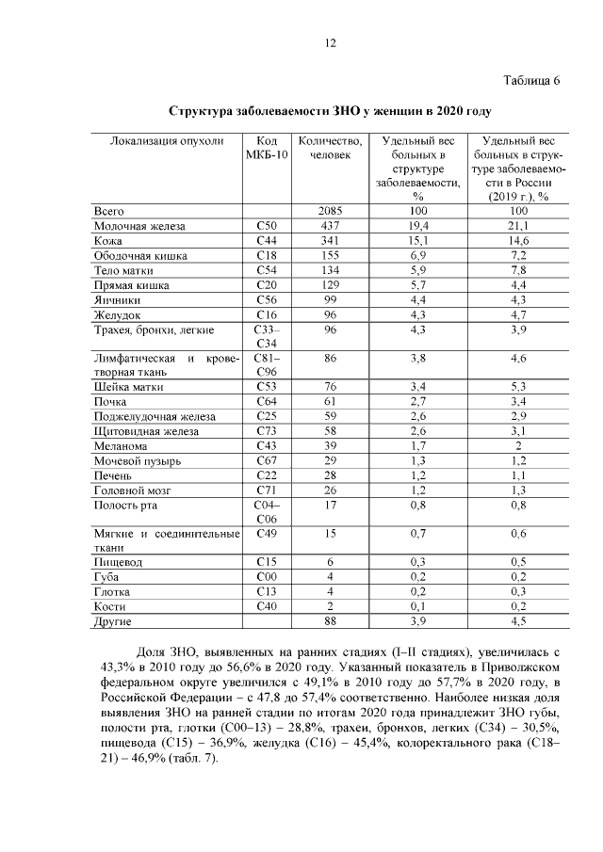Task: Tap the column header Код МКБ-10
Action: (x=266, y=149)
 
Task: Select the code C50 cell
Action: (x=266, y=226)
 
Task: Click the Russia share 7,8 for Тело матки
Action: (x=519, y=270)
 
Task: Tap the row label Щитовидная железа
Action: (x=146, y=431)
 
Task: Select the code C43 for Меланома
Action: (x=266, y=446)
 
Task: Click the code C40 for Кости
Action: (x=266, y=607)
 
